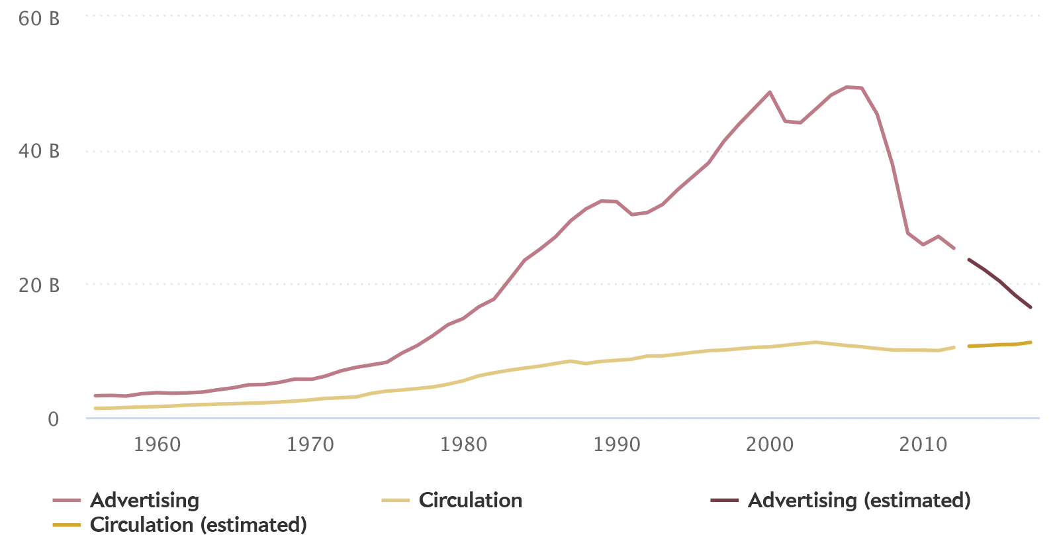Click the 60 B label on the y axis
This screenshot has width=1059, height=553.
39,19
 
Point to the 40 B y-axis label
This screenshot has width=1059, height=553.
39,152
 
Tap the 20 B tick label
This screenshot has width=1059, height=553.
39,285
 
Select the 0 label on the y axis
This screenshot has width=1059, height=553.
53,419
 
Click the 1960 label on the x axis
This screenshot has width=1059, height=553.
157,444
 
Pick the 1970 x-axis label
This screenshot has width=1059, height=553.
310,444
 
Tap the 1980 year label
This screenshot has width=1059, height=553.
463,444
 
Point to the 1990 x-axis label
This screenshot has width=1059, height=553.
616,444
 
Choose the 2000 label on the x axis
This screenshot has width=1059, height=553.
769,444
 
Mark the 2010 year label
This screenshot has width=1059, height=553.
922,444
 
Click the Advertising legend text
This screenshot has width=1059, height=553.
144,500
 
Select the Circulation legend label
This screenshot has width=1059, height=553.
470,500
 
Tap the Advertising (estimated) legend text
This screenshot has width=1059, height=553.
859,500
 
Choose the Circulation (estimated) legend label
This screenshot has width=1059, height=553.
198,525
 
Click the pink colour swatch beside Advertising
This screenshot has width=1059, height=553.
67,501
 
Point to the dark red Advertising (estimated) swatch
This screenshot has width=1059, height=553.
724,501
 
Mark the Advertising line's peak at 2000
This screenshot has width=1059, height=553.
769,92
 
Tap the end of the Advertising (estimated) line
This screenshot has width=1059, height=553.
1031,307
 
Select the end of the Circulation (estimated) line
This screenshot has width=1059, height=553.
1031,342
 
